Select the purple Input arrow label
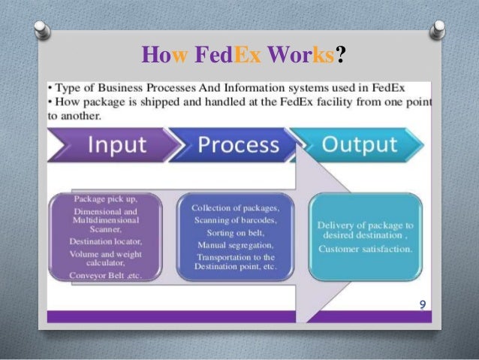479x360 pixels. coord(117,146)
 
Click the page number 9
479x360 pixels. coord(422,304)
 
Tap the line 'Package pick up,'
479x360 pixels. coord(106,198)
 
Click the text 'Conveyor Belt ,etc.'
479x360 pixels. coord(106,275)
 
